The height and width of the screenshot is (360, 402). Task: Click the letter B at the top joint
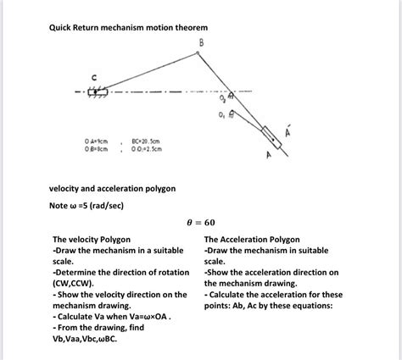click(x=201, y=42)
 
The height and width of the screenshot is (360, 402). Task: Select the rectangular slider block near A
click(x=271, y=135)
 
